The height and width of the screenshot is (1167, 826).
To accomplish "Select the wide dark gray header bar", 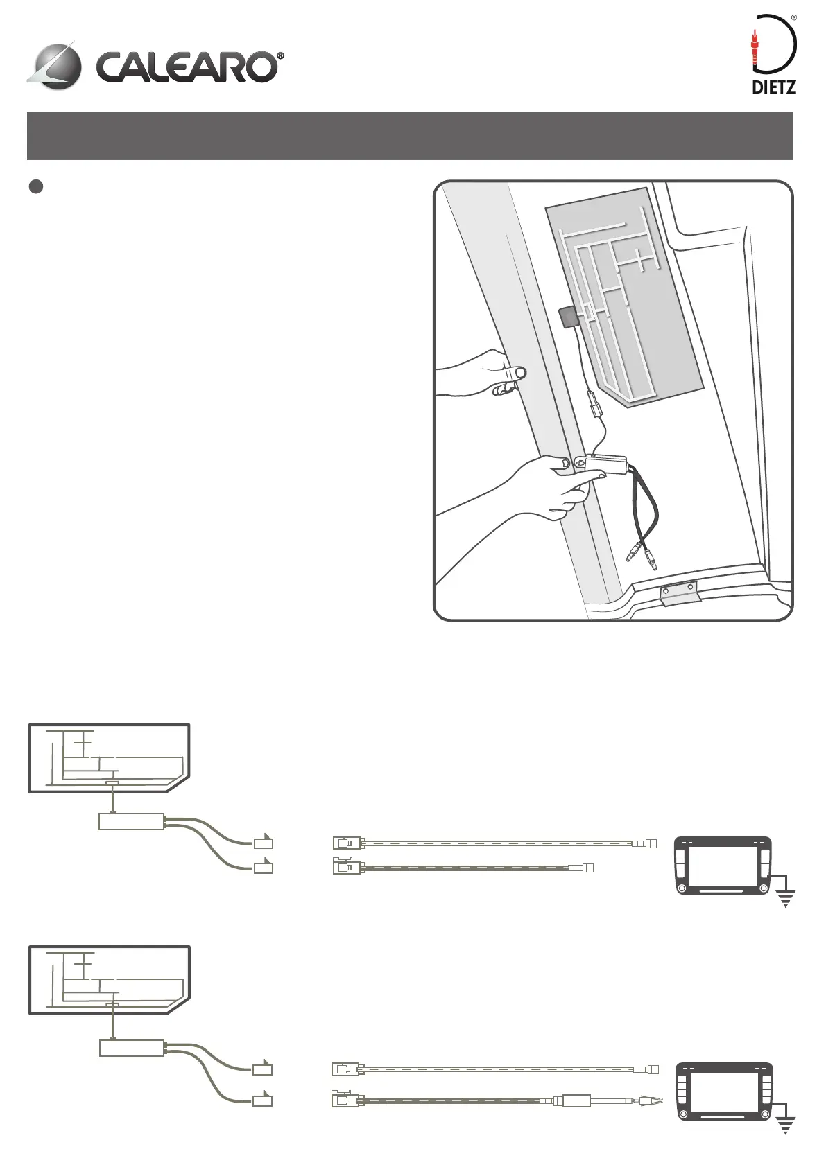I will click(x=409, y=135).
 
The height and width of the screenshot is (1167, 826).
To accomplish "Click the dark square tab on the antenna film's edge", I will click(x=569, y=317).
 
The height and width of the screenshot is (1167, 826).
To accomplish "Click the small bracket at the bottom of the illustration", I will click(x=680, y=594).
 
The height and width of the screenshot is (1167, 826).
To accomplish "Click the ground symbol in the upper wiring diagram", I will click(x=785, y=899).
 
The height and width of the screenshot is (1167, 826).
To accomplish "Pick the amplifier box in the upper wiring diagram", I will click(x=132, y=822).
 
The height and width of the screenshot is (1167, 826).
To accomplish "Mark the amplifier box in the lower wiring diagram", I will click(x=132, y=1048).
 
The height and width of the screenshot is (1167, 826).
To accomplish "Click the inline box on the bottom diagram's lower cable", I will click(x=576, y=1100).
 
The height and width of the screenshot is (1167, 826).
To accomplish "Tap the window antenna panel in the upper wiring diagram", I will click(x=109, y=757).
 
